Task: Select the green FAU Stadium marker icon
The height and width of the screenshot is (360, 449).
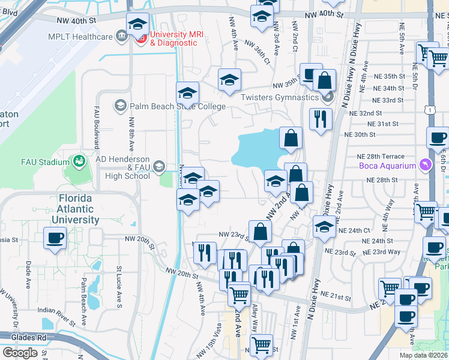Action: click(x=78, y=161)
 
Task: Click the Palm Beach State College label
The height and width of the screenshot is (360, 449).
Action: click(x=176, y=107)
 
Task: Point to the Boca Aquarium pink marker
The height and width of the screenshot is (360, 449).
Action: click(x=426, y=165)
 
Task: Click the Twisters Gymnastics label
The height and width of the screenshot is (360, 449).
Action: click(x=288, y=97)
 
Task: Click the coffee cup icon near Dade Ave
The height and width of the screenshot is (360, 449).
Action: click(x=55, y=238)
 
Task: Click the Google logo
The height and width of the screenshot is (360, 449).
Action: click(x=20, y=353)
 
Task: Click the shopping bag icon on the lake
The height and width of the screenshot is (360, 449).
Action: click(x=291, y=139)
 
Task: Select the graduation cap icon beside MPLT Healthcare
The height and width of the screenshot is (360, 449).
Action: click(x=137, y=25)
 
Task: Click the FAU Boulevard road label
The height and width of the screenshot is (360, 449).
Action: click(x=96, y=127)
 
